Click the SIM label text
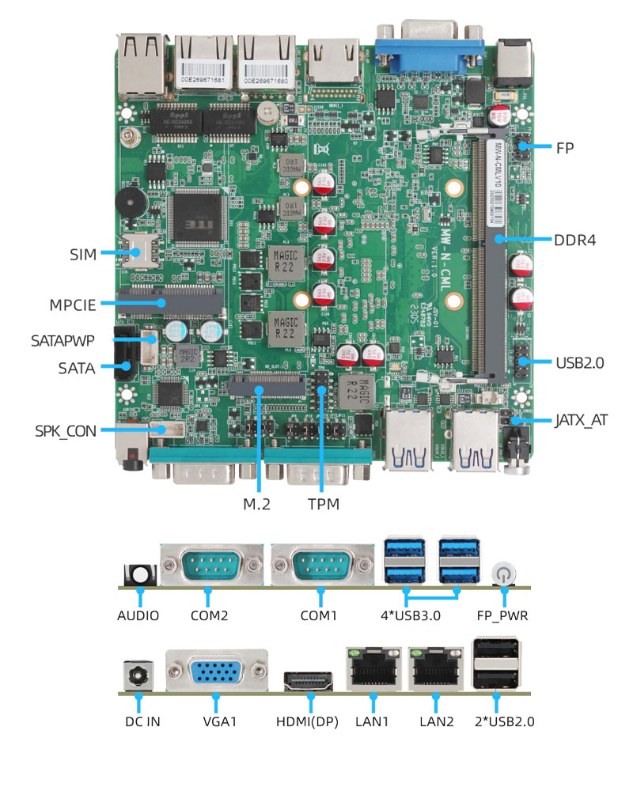coord(83,254)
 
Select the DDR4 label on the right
coord(574,240)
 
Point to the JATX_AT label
coord(581,420)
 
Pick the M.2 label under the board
coord(255,503)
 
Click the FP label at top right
coord(564,147)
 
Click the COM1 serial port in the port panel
coord(321,567)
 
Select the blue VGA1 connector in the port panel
coord(216,672)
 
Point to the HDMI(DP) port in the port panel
coord(309,680)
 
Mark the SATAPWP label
coord(63,341)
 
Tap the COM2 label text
coord(208,615)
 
